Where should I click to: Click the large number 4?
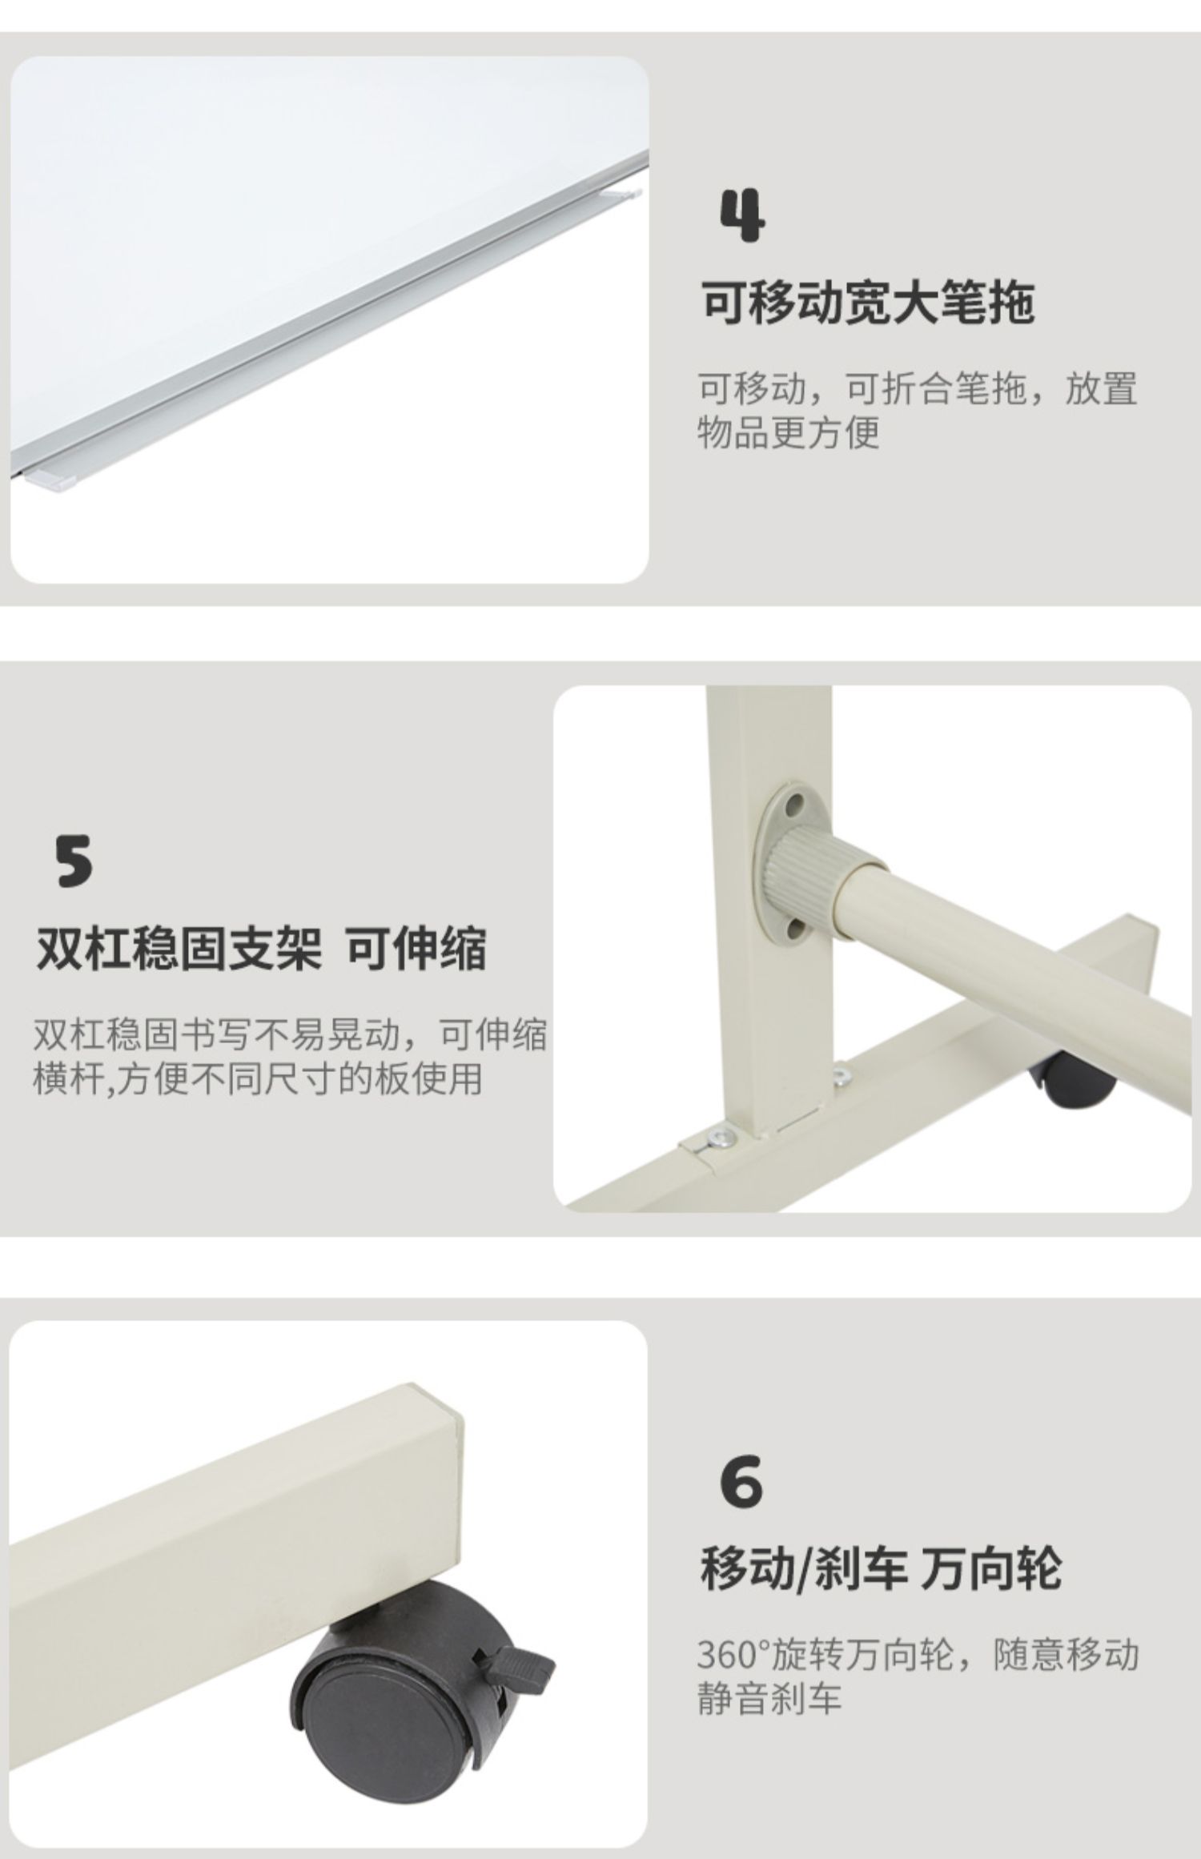pyautogui.click(x=743, y=215)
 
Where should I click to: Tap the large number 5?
pyautogui.click(x=74, y=861)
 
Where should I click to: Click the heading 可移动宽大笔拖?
pyautogui.click(x=868, y=303)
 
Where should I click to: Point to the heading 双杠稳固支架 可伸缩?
pyautogui.click(x=261, y=949)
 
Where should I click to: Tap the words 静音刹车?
pyautogui.click(x=769, y=1697)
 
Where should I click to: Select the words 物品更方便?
pyautogui.click(x=788, y=432)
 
